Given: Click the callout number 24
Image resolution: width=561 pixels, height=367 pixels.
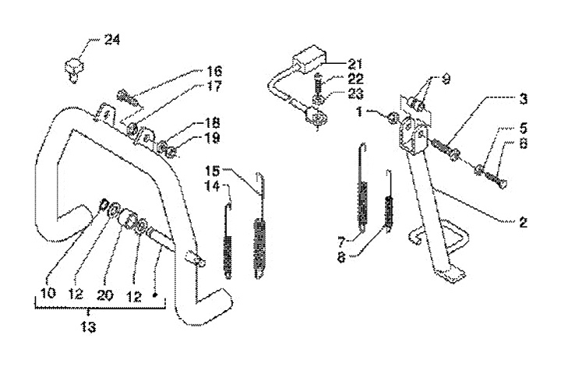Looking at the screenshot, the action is click(112, 40).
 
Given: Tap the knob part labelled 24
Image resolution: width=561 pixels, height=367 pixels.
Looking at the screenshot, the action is click(74, 69).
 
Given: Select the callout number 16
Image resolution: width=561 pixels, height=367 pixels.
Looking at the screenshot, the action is click(213, 71).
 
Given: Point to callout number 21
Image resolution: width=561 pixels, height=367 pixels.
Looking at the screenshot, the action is click(355, 64).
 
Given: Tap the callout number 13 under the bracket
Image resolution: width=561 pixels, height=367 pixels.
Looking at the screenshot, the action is click(88, 326).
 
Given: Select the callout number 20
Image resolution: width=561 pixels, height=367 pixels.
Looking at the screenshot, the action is click(105, 295).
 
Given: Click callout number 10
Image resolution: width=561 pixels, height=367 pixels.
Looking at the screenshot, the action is click(48, 293).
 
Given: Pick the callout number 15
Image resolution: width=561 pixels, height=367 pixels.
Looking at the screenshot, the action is click(212, 171).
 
